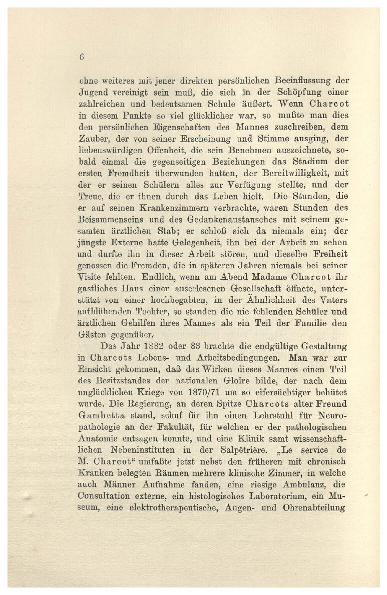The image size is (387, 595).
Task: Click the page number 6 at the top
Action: coord(81,57)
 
